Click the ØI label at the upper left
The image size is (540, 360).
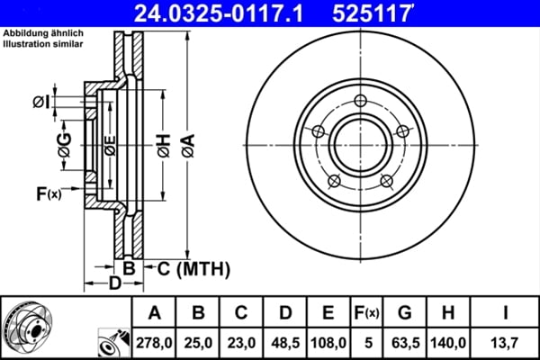(40, 102)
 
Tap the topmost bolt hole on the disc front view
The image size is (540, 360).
(361, 101)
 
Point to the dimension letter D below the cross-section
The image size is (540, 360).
(114, 285)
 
